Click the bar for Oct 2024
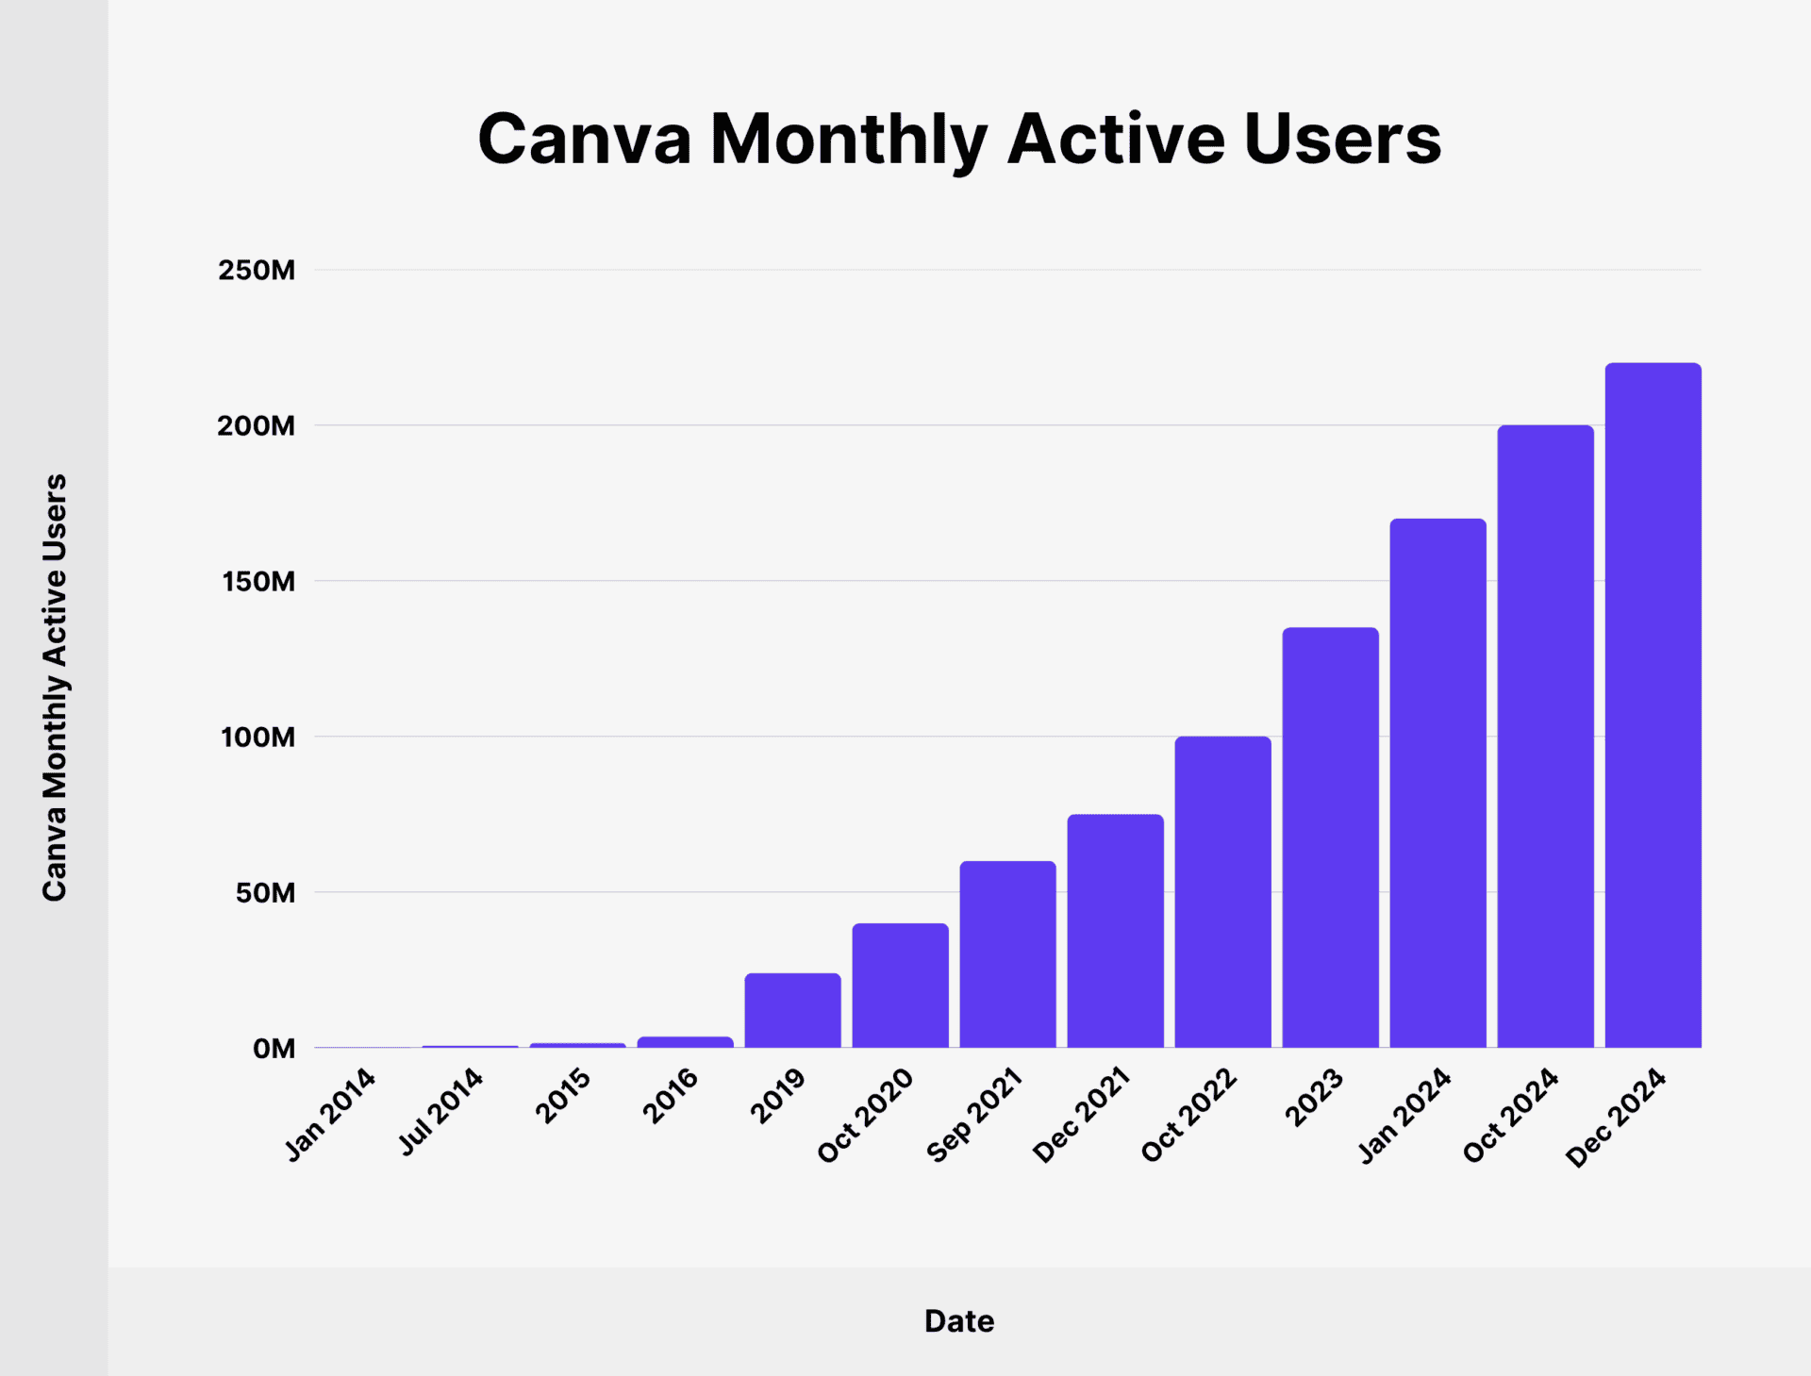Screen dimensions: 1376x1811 (x=1545, y=737)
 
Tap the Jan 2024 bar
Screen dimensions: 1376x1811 (x=1437, y=783)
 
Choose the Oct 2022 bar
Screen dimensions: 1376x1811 (x=1222, y=892)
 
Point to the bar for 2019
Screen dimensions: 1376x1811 (x=792, y=1010)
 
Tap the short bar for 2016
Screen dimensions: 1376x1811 (x=685, y=1042)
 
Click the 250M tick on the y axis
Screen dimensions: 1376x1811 (x=257, y=271)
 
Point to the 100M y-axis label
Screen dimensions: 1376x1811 (x=258, y=738)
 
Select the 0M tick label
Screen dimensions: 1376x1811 (x=274, y=1049)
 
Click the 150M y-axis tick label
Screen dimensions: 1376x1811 (x=258, y=582)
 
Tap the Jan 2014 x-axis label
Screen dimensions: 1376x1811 (x=330, y=1114)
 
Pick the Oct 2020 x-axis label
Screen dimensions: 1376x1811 (x=865, y=1115)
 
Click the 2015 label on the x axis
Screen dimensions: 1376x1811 (x=563, y=1096)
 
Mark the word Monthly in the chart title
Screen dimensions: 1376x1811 (x=848, y=141)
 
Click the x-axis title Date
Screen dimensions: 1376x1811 (x=958, y=1321)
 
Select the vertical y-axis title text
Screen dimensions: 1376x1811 (x=55, y=687)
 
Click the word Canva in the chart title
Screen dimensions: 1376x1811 (x=585, y=141)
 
